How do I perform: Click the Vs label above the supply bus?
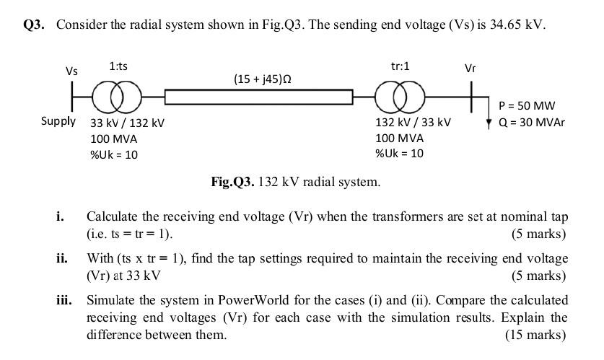[71, 71]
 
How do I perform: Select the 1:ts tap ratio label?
[118, 66]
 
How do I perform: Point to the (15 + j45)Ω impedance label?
[263, 78]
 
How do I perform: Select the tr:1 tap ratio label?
[400, 66]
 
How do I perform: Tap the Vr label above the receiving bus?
[470, 69]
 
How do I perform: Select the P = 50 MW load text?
[526, 106]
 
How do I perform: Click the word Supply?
[58, 120]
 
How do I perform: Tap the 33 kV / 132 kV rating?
[127, 123]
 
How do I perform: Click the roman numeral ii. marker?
[62, 258]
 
